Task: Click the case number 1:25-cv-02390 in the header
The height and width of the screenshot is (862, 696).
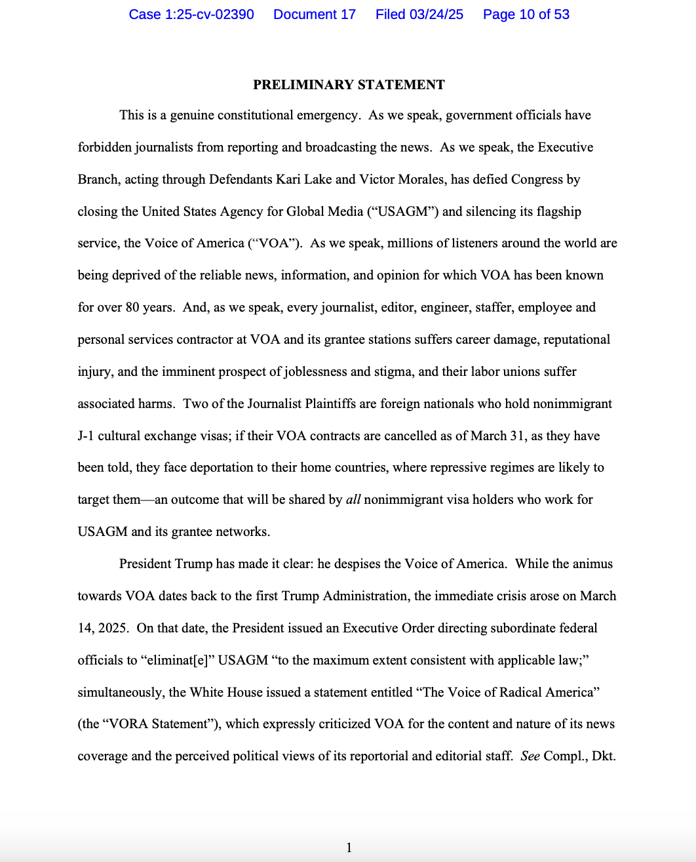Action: [191, 14]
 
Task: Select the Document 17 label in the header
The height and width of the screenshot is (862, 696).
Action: [315, 14]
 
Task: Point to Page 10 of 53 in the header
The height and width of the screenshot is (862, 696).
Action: [526, 14]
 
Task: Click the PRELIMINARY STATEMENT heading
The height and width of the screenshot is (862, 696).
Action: [349, 85]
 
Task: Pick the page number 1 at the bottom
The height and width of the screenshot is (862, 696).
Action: [349, 848]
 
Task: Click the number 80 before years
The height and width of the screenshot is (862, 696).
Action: [132, 307]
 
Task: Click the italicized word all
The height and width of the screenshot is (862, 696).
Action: [353, 500]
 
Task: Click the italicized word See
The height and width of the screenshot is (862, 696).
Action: [530, 756]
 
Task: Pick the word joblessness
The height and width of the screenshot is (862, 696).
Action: [316, 371]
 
